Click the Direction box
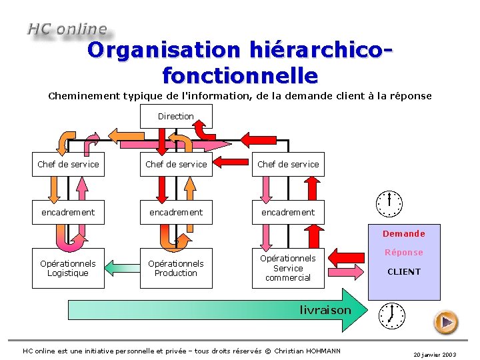(176, 117)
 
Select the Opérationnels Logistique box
(68, 268)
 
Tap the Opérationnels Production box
(176, 268)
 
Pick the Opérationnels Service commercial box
(288, 268)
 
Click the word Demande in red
(403, 233)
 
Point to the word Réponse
(403, 252)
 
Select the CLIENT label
(404, 271)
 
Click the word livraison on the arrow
(325, 310)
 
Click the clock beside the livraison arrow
(391, 315)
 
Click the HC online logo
(67, 29)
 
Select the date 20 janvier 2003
(435, 355)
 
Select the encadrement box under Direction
(176, 212)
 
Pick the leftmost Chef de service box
(68, 164)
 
